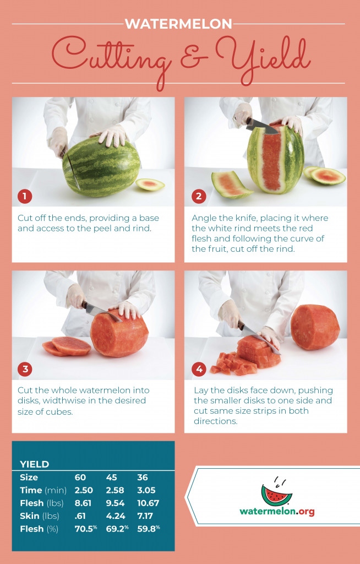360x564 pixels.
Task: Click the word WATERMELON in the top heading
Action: tap(179, 24)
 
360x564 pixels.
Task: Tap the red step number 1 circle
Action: tap(25, 197)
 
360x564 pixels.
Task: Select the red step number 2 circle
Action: tap(199, 197)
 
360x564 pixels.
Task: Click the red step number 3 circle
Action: tap(25, 369)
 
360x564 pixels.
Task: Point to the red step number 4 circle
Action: tap(199, 369)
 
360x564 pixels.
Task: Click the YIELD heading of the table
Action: tap(35, 464)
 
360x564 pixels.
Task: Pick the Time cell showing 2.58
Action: tap(115, 490)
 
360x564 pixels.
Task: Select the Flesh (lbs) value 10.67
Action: tap(148, 503)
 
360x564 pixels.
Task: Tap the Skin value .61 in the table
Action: tap(80, 516)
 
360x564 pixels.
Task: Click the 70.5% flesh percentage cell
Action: tap(86, 529)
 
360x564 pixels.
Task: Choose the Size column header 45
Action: tap(112, 478)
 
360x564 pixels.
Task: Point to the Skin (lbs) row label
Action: tap(40, 516)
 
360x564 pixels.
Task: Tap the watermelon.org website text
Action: tap(277, 511)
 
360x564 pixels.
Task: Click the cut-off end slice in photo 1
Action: tap(150, 185)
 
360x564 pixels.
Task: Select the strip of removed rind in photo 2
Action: tap(231, 185)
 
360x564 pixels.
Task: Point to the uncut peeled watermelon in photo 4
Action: tap(315, 327)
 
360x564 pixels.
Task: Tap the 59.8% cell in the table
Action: tap(149, 529)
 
